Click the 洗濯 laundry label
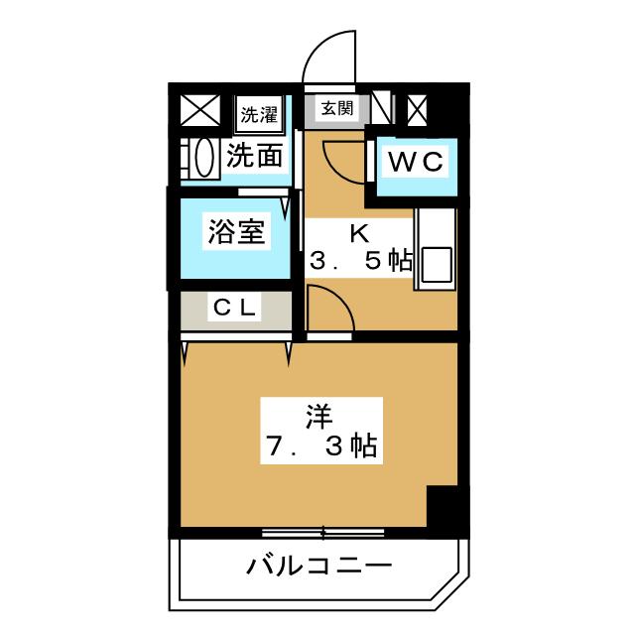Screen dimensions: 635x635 (x=259, y=113)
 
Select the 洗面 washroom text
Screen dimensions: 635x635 (x=255, y=156)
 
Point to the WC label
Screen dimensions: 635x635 (x=414, y=161)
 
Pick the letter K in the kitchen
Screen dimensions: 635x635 (x=359, y=234)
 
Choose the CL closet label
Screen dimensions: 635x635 (x=236, y=309)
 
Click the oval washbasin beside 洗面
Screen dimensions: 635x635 (x=203, y=158)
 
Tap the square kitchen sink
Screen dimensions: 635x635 (x=436, y=264)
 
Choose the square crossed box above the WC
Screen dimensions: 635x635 (x=418, y=108)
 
